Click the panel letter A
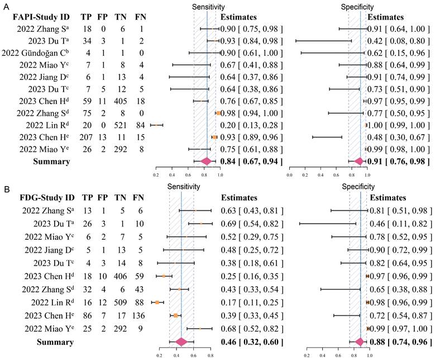point(5,5)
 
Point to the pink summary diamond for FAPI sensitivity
point(206,161)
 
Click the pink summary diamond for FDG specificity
point(360,341)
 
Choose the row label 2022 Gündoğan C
point(36,53)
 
